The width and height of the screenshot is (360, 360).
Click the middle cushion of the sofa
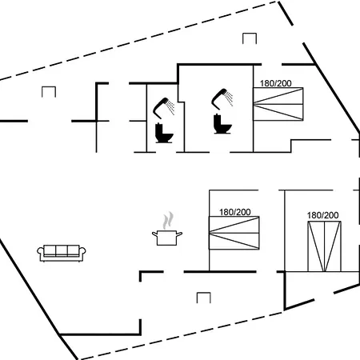pyautogui.click(x=62, y=250)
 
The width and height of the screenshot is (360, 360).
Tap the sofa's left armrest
pyautogui.click(x=40, y=253)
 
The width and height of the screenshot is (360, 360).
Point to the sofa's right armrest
pyautogui.click(x=82, y=253)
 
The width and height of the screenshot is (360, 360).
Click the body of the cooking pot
pyautogui.click(x=166, y=238)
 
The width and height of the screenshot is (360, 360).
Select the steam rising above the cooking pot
pyautogui.click(x=168, y=220)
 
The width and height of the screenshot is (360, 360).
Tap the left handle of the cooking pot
pyautogui.click(x=154, y=234)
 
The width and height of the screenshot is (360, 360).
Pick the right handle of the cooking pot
pyautogui.click(x=179, y=234)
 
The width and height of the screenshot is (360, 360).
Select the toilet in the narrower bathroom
pyautogui.click(x=164, y=133)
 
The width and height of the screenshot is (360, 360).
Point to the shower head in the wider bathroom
pyautogui.click(x=219, y=98)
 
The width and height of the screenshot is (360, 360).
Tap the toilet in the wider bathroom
pyautogui.click(x=222, y=124)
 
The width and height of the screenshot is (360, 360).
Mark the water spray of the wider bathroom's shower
pyautogui.click(x=229, y=98)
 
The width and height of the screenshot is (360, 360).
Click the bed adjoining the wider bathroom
pyautogui.click(x=278, y=104)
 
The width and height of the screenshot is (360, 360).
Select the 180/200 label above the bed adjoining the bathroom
pyautogui.click(x=276, y=83)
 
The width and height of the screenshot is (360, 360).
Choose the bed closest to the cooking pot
pyautogui.click(x=234, y=233)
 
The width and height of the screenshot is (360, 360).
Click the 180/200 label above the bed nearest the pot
pyautogui.click(x=235, y=212)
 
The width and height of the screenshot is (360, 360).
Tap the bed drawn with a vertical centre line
pyautogui.click(x=324, y=246)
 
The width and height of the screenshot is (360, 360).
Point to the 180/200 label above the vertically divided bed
pyautogui.click(x=322, y=215)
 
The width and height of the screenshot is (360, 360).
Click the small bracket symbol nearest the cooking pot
pyautogui.click(x=204, y=298)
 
